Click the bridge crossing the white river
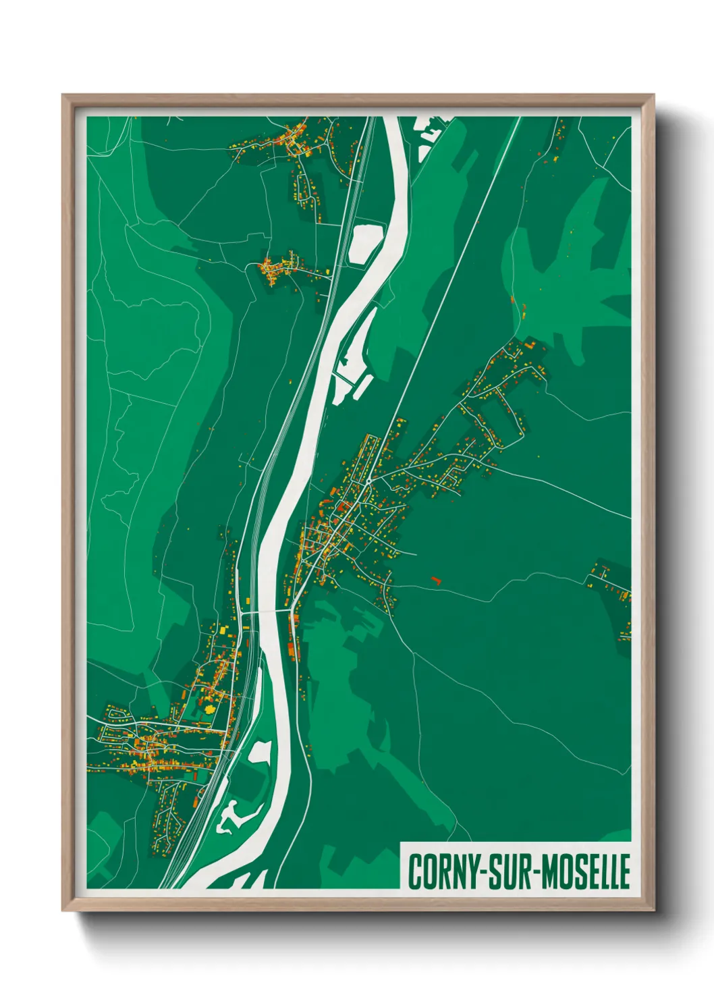coord(270,612)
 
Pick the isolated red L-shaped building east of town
coord(435,580)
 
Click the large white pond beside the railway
coord(365,242)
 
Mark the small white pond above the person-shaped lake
coord(260,751)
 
